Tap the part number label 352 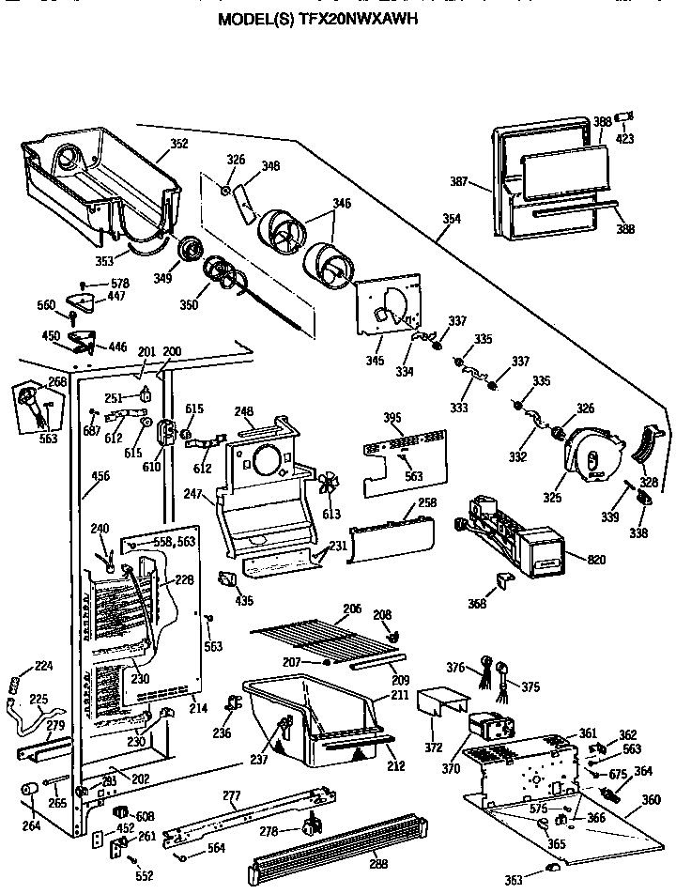(178, 144)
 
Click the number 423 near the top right (624, 139)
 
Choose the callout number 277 (231, 796)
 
